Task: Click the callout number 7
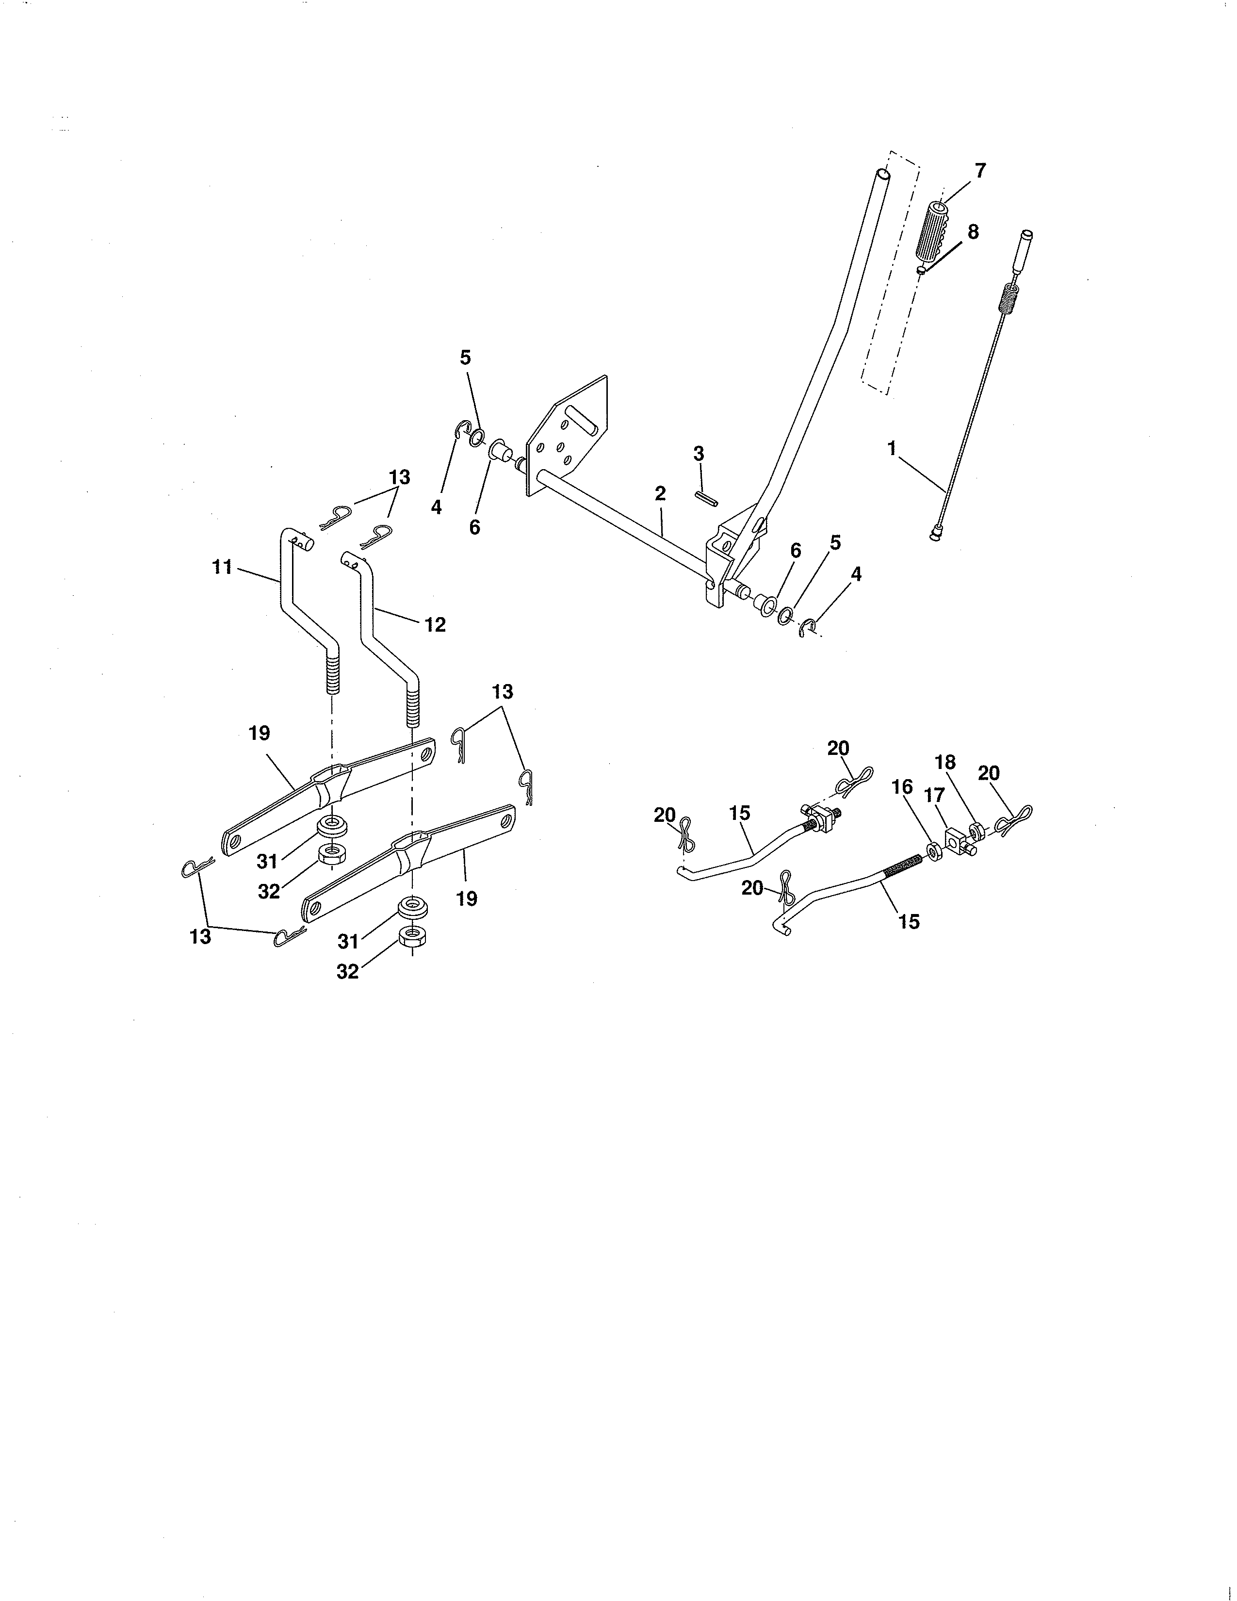980,171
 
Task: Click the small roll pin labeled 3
706,498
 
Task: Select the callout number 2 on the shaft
660,493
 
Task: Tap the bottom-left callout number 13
200,936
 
